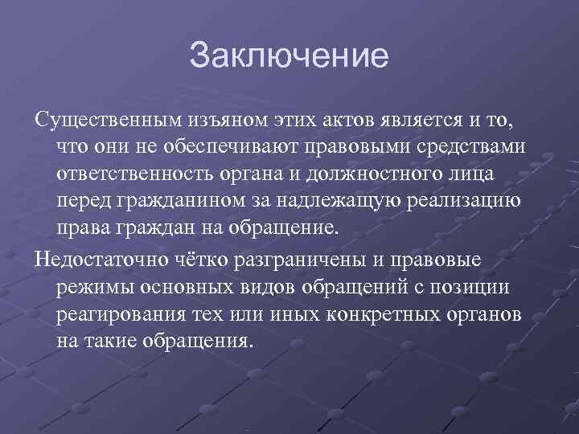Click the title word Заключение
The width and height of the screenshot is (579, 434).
point(289,56)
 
